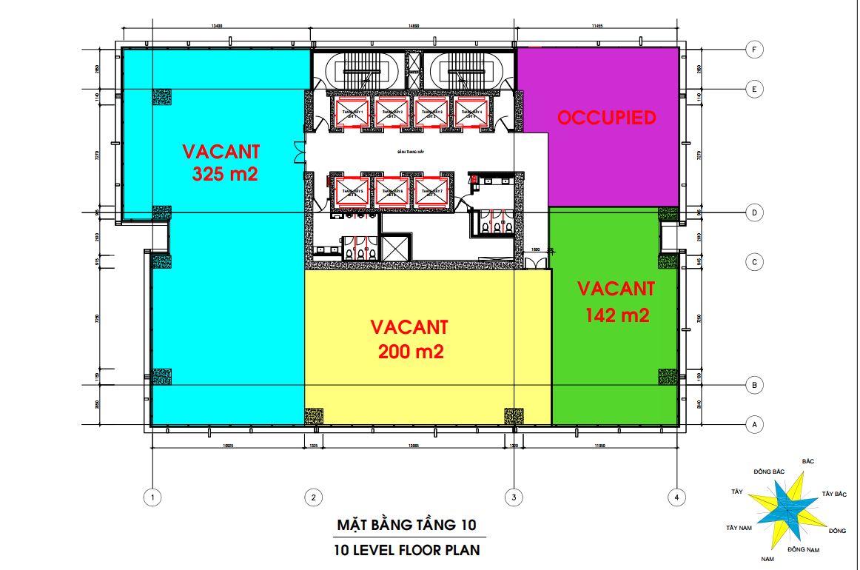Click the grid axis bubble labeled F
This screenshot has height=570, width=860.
click(x=753, y=50)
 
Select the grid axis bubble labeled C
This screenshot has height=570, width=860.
click(x=753, y=262)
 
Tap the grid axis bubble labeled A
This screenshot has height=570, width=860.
click(x=753, y=425)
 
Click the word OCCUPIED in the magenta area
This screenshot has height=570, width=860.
click(x=606, y=118)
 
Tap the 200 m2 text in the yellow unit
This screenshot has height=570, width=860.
click(x=411, y=352)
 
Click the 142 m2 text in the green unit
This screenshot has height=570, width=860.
click(x=617, y=315)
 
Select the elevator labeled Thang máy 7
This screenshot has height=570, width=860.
click(x=432, y=192)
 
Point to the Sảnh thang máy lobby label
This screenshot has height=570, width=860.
click(x=409, y=153)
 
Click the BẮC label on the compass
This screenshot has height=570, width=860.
click(x=807, y=461)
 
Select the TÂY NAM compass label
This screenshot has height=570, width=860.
click(x=740, y=528)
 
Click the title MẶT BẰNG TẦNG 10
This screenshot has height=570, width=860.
click(x=406, y=525)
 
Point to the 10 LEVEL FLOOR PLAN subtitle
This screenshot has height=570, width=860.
click(x=406, y=550)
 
